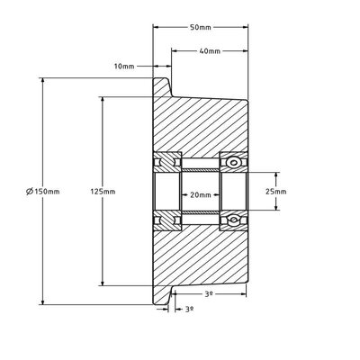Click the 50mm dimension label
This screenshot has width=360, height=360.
(201, 27)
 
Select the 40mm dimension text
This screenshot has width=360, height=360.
(210, 51)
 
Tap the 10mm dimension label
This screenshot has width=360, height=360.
(124, 67)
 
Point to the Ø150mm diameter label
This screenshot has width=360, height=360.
(42, 192)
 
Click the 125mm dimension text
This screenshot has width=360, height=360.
(103, 192)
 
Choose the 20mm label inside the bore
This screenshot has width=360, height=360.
(201, 195)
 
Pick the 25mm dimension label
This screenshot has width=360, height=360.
(276, 192)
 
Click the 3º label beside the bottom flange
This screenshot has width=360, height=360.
(189, 309)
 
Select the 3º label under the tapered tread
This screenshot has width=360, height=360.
(209, 294)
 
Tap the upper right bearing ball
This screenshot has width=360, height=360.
(233, 163)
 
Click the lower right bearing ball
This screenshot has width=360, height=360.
(233, 220)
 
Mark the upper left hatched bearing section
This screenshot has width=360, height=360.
(167, 162)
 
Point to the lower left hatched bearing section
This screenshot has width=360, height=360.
(167, 220)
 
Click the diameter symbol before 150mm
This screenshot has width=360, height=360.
(30, 192)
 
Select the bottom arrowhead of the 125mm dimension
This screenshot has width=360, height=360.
(103, 283)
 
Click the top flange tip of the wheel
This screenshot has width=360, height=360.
(161, 78)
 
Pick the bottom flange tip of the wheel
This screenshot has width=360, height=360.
(161, 303)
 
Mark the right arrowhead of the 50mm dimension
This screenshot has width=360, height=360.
(245, 27)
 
